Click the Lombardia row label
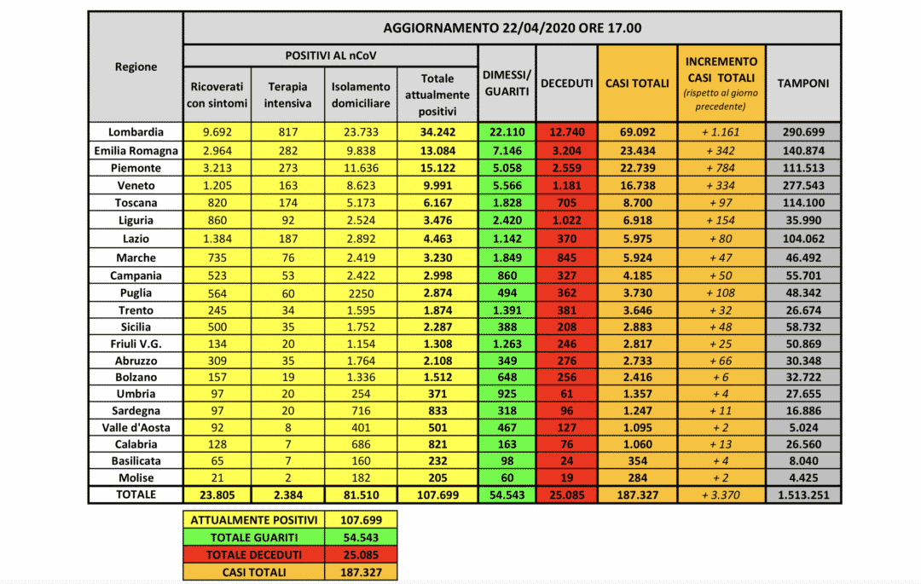click(x=136, y=132)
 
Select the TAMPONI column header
click(x=802, y=83)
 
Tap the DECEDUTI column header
click(x=566, y=83)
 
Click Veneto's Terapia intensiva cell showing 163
click(x=288, y=185)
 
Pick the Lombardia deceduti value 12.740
click(x=566, y=132)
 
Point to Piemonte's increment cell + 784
click(x=721, y=168)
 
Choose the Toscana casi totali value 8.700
click(x=637, y=203)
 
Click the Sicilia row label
click(x=136, y=327)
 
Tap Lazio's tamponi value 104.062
click(x=802, y=239)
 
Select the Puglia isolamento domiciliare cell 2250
click(x=361, y=292)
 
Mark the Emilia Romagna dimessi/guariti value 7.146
click(x=507, y=150)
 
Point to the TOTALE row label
click(x=136, y=494)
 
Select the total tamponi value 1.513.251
click(x=802, y=494)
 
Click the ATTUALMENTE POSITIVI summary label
click(x=255, y=520)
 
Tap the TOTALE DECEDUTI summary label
click(x=255, y=555)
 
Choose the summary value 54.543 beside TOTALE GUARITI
click(x=362, y=538)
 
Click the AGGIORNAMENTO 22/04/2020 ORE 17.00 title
click(x=512, y=28)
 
